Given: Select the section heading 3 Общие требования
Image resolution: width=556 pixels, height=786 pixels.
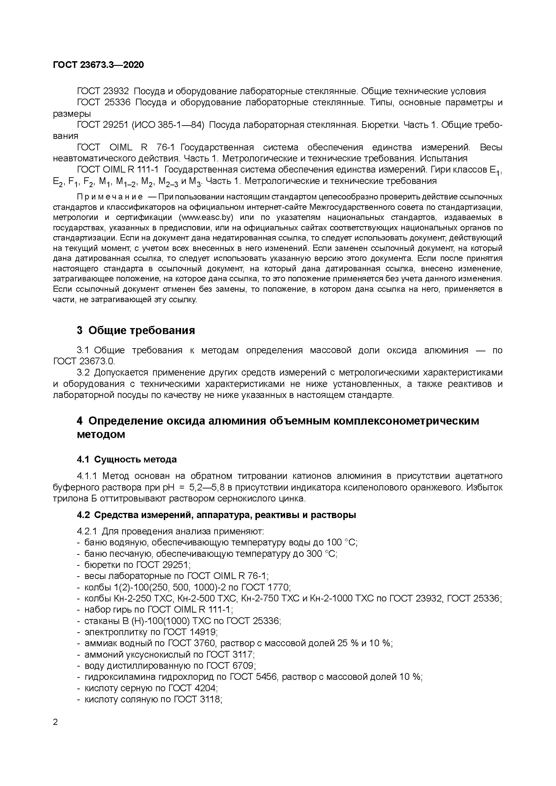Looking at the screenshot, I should tap(136, 330).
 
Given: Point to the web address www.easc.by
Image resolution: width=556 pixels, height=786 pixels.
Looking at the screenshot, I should tap(207, 217).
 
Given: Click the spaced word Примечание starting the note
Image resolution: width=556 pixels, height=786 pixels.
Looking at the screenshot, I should tap(110, 197).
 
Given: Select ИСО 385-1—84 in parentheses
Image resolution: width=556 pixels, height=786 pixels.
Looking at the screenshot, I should tap(168, 125).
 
